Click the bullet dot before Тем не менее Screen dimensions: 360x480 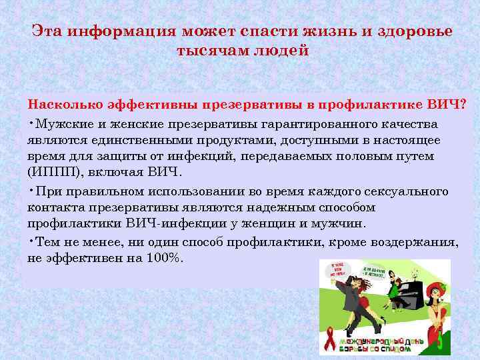(x=31, y=241)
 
